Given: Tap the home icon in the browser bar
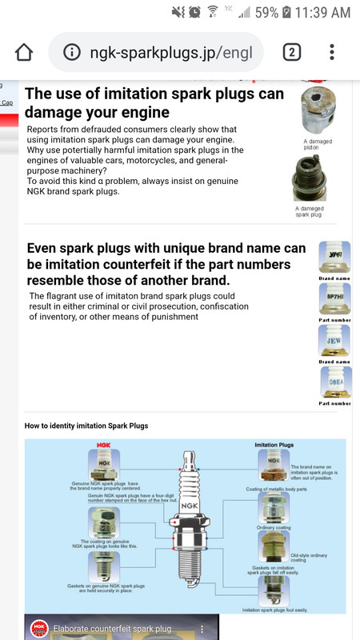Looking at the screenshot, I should coord(24,53).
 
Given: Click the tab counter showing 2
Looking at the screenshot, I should coord(292,53).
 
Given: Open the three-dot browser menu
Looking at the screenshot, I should coord(332,53).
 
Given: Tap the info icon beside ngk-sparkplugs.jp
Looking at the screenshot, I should coord(72,53).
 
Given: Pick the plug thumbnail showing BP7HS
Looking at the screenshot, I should coord(334,298).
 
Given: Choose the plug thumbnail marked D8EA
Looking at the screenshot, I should coord(334,382).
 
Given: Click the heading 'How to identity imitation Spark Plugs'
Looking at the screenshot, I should coord(86,426).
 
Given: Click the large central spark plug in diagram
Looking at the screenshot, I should coord(189,520).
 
